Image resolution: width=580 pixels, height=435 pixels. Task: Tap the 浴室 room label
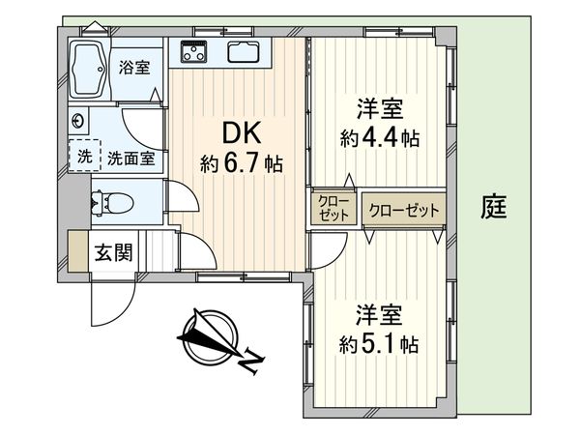click(134, 68)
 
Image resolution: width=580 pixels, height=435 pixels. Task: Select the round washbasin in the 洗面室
click(78, 123)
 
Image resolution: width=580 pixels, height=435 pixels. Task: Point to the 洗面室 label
click(130, 159)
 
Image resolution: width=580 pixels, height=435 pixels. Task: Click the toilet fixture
click(108, 203)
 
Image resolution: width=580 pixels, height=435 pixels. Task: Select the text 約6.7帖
click(242, 163)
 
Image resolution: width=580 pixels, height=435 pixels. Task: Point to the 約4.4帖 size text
click(379, 138)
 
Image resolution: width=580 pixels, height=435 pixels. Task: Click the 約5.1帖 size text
click(379, 345)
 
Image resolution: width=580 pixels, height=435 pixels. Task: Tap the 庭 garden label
click(494, 207)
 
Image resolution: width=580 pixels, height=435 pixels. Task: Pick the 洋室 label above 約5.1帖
click(379, 315)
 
